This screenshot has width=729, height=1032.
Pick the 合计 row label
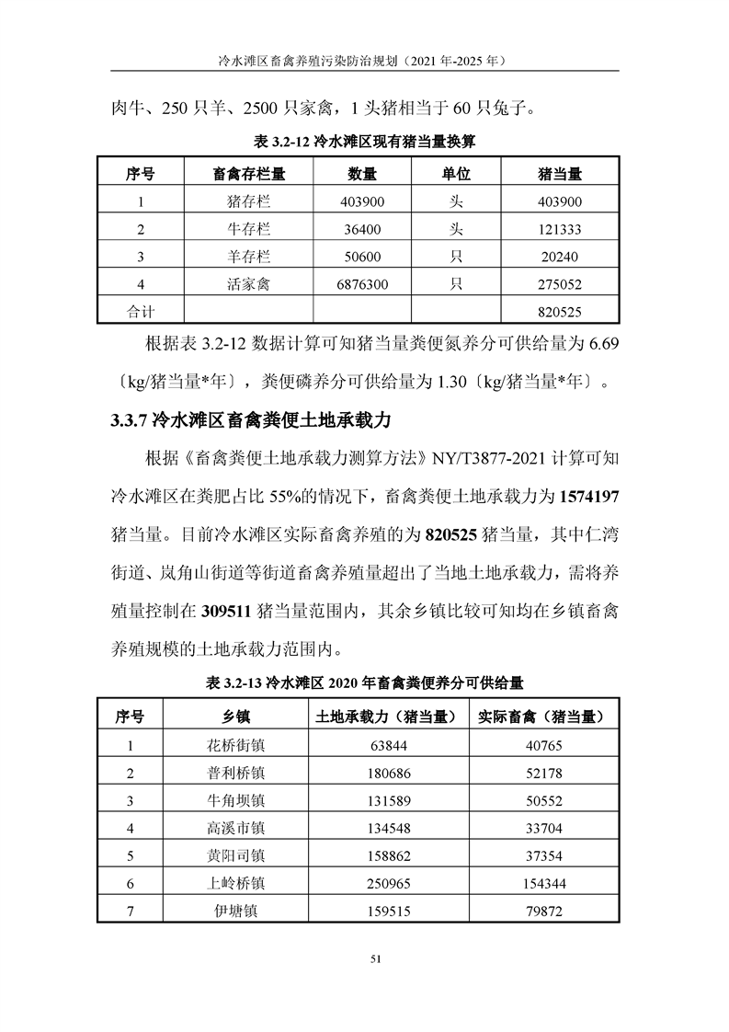(141, 312)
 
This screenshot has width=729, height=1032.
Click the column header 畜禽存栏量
(248, 174)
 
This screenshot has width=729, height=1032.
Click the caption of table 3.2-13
(364, 682)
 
